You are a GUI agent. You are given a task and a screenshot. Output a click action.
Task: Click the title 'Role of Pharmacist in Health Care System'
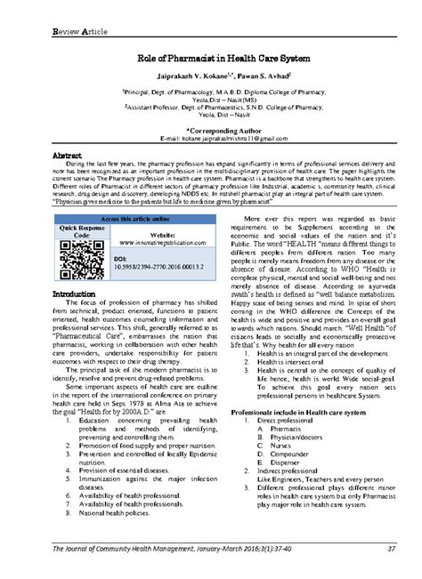pos(211,59)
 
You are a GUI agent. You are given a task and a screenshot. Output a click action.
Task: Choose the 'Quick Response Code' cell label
pos(76,232)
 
